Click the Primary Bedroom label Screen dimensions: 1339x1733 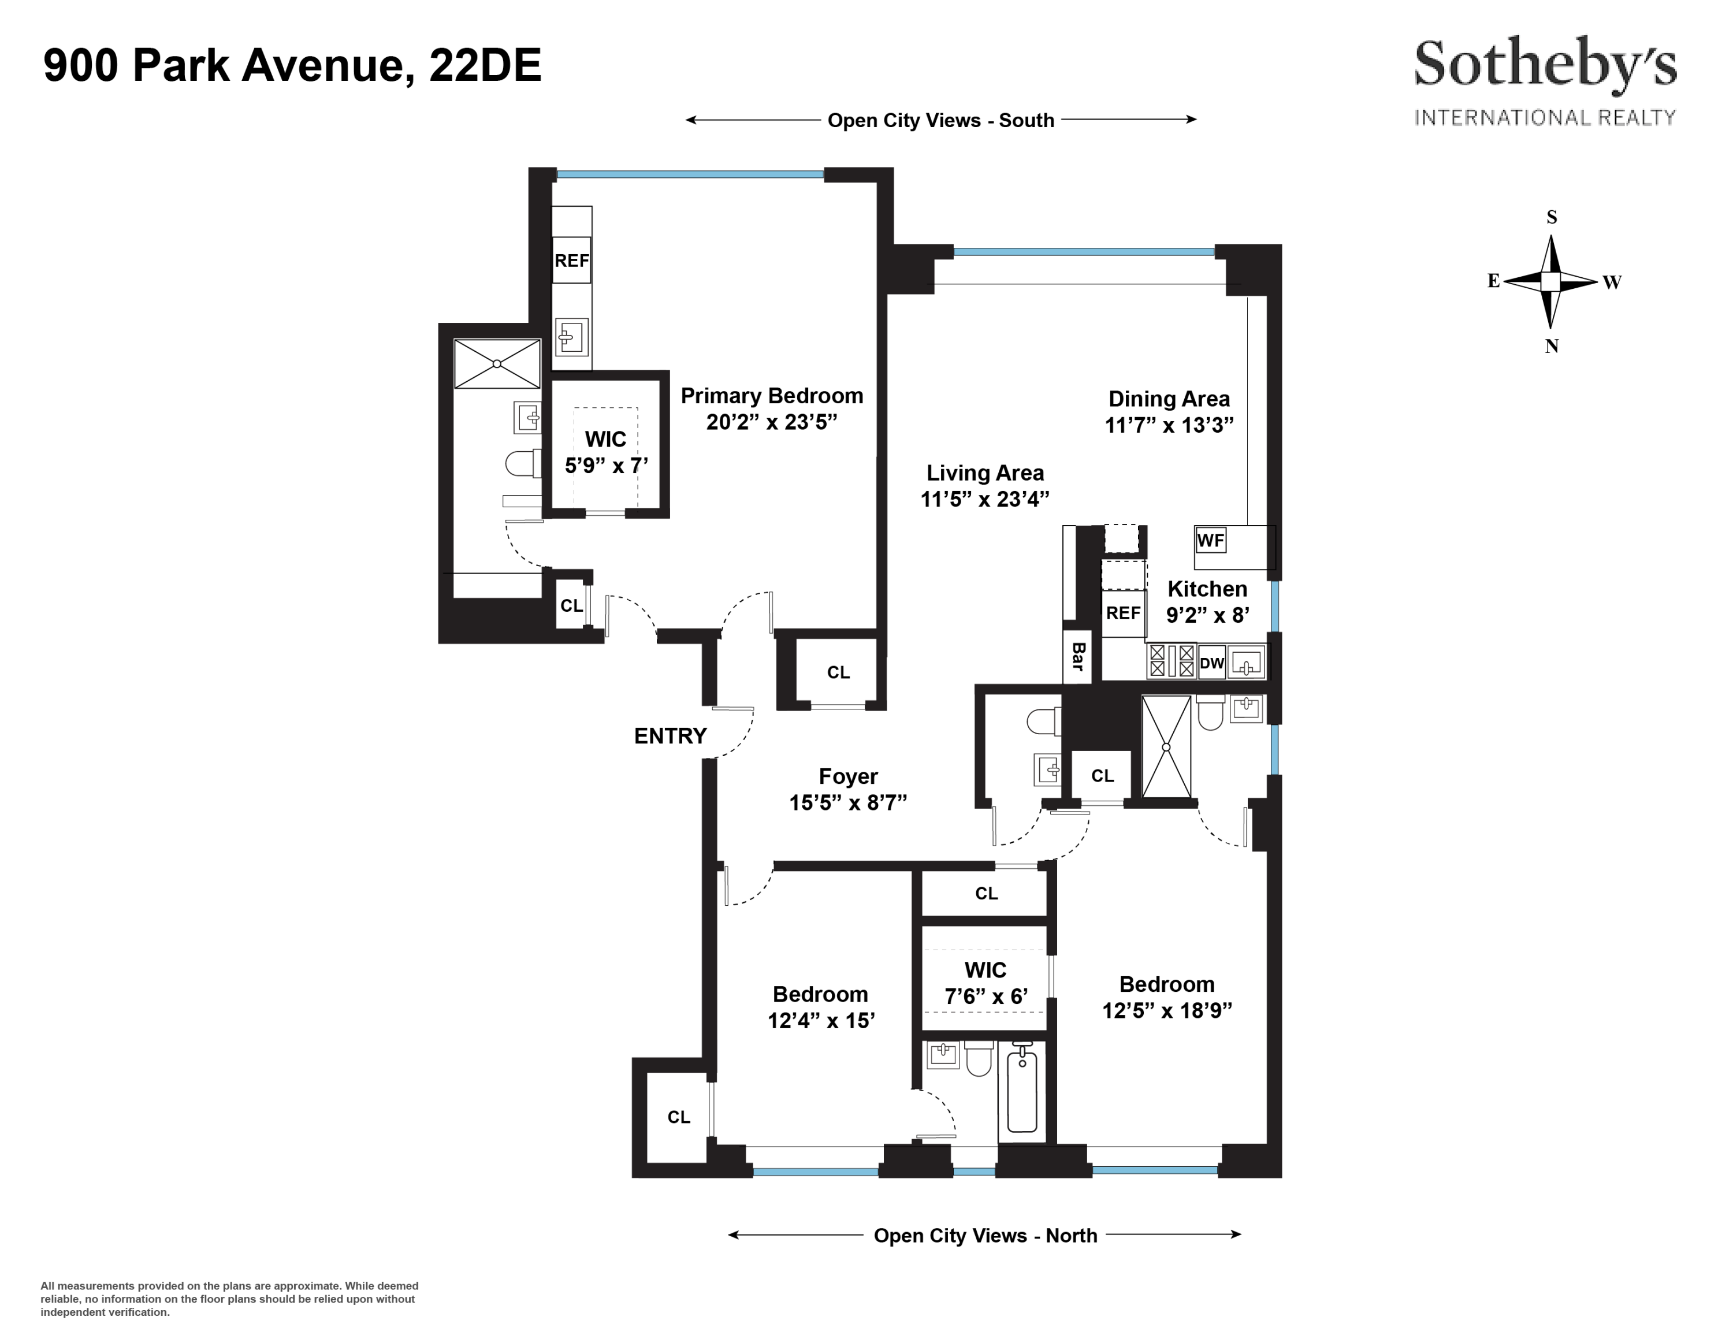click(771, 396)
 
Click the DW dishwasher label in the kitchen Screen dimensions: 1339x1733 click(1212, 663)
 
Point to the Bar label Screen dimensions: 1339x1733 click(1077, 657)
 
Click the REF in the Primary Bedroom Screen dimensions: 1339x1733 click(571, 260)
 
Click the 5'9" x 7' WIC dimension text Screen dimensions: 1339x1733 click(606, 466)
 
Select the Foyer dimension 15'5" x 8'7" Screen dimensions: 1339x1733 click(847, 804)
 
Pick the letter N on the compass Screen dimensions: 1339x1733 click(1551, 346)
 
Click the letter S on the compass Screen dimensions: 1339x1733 click(1551, 217)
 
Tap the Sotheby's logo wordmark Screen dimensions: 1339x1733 click(1544, 65)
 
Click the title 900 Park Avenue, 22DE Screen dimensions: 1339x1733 click(292, 65)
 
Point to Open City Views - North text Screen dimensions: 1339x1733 click(985, 1236)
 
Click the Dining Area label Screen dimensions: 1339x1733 click(1169, 399)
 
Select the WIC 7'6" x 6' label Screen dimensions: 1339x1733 click(985, 983)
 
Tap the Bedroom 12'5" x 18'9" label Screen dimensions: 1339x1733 click(1166, 997)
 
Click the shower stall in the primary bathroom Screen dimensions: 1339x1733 click(497, 364)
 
